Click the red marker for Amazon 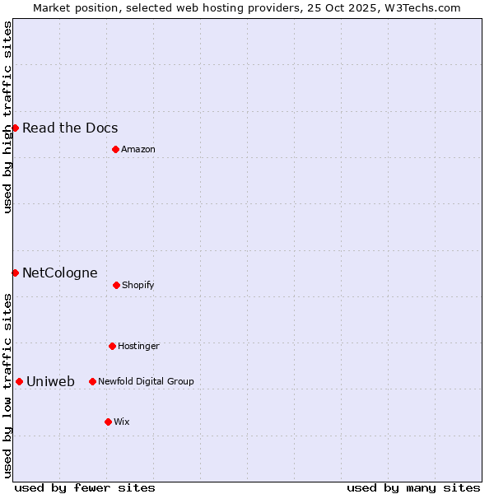(115, 149)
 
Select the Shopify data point (116, 285)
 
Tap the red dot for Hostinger (112, 346)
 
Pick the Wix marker (108, 422)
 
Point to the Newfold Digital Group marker (92, 381)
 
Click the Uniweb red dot (19, 381)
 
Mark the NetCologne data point (15, 273)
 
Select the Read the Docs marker (15, 128)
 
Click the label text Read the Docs (70, 128)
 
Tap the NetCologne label (60, 273)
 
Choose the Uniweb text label (50, 381)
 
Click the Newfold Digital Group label (146, 381)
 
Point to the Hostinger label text (138, 346)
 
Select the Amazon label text (138, 149)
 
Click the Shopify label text (138, 285)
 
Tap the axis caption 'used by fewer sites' (85, 487)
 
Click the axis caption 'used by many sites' (413, 487)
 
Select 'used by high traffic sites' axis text (7, 117)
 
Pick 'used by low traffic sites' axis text (7, 384)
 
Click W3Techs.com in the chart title (420, 7)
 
